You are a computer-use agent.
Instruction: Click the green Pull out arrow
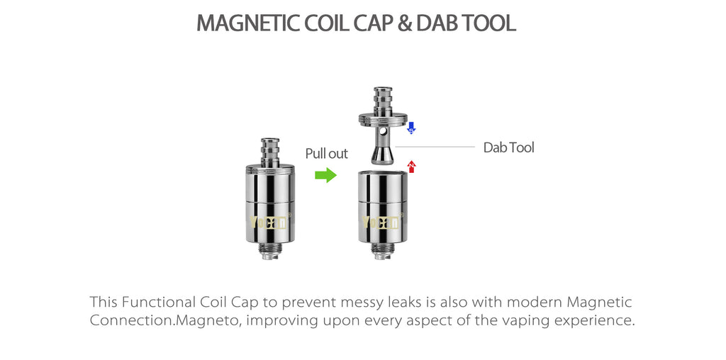click(x=325, y=175)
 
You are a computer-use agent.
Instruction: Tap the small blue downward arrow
click(x=411, y=128)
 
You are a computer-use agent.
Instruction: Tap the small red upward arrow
click(x=412, y=167)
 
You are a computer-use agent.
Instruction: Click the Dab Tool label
click(x=508, y=147)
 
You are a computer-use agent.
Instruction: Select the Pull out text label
click(x=326, y=154)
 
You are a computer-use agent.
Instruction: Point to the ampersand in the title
click(x=404, y=23)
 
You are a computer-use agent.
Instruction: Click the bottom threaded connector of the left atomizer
click(x=269, y=249)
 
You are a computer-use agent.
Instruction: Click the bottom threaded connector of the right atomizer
click(x=383, y=249)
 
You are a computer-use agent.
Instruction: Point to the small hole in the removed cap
click(x=383, y=132)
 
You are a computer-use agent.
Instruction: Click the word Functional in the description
click(x=160, y=303)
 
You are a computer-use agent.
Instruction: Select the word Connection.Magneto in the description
click(x=154, y=320)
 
